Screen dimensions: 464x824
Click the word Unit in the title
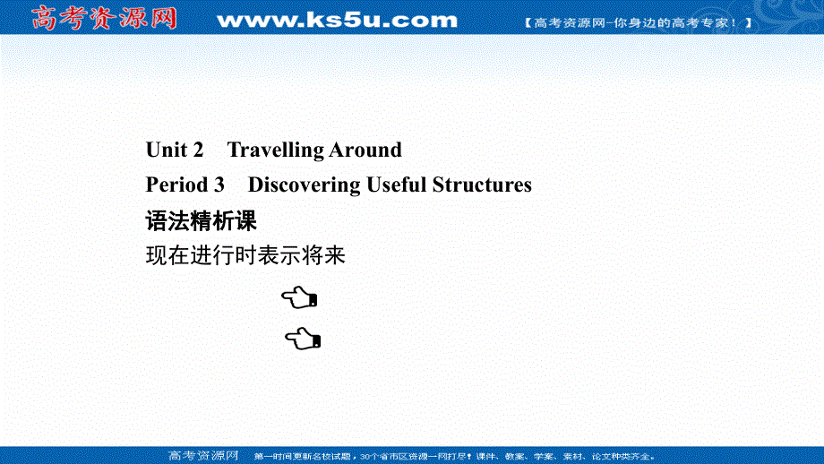(x=167, y=150)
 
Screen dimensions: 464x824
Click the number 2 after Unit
(x=199, y=150)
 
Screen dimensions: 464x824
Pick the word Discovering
(x=304, y=185)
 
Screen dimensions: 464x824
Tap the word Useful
(x=397, y=185)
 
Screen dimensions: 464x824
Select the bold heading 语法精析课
(x=201, y=220)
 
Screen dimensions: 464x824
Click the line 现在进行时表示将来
(x=245, y=256)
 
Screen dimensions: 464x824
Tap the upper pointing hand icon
(x=299, y=296)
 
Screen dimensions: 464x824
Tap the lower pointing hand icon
(x=304, y=339)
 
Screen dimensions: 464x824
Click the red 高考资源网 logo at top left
(x=104, y=17)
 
